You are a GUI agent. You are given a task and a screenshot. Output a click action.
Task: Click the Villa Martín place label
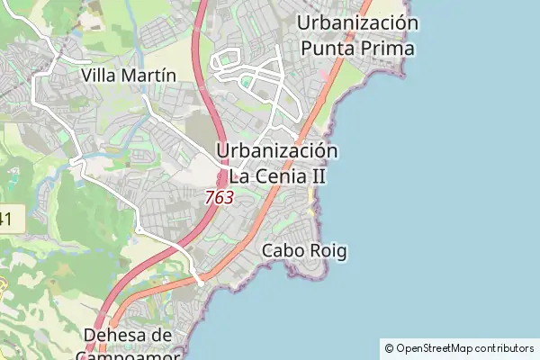pyautogui.click(x=128, y=75)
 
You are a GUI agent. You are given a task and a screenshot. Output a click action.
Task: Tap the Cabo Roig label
pyautogui.click(x=303, y=250)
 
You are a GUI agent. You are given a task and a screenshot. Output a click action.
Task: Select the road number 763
pyautogui.click(x=219, y=196)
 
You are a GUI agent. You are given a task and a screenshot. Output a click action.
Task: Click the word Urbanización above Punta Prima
pyautogui.click(x=357, y=22)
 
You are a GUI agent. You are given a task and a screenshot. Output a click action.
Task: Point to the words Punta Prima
pyautogui.click(x=357, y=48)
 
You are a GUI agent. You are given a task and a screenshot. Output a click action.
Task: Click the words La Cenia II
pyautogui.click(x=277, y=176)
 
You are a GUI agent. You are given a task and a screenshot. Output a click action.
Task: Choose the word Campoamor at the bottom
pyautogui.click(x=130, y=355)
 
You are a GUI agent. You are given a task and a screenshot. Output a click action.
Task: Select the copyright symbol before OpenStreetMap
pyautogui.click(x=389, y=348)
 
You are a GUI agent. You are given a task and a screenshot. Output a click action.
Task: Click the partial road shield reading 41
pyautogui.click(x=6, y=217)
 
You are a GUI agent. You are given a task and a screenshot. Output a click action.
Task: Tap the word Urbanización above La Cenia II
pyautogui.click(x=277, y=151)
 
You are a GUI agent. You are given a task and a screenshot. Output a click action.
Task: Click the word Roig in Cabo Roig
pyautogui.click(x=327, y=250)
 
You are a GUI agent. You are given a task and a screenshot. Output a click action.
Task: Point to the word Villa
pyautogui.click(x=99, y=75)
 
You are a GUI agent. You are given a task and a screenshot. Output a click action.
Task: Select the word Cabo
pyautogui.click(x=282, y=250)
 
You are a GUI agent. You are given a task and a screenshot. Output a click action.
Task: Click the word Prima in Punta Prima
pyautogui.click(x=391, y=48)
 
